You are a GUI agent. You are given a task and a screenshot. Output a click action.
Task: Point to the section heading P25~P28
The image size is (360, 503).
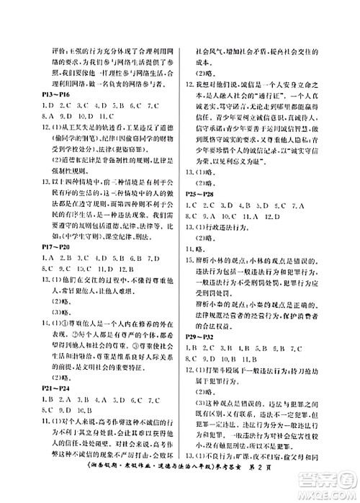click(x=200, y=195)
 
